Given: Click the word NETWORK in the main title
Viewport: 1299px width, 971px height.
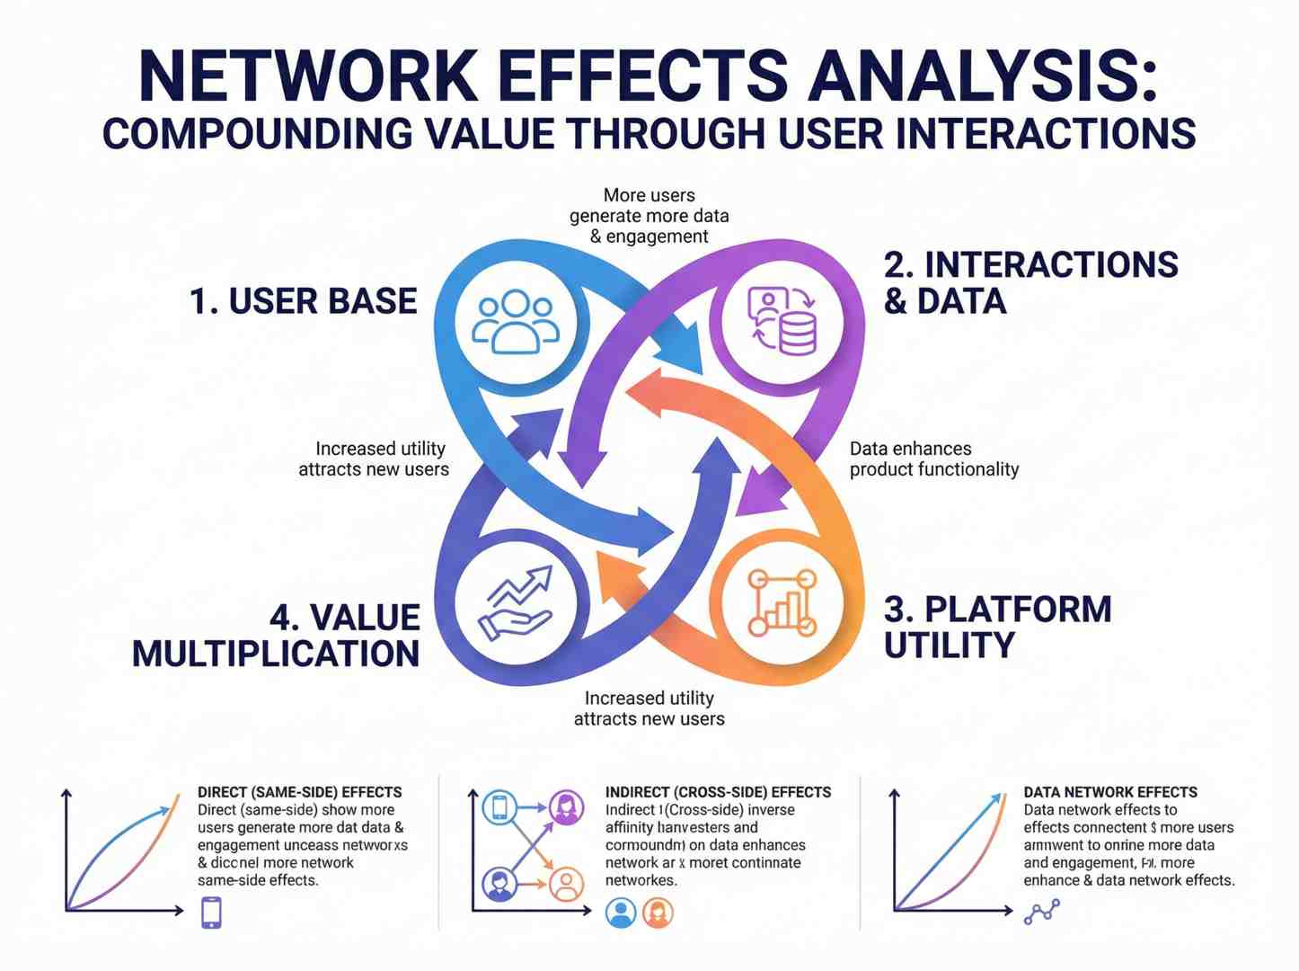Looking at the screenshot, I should pos(309,76).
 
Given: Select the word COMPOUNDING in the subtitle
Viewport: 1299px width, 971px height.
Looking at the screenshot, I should pos(257,134).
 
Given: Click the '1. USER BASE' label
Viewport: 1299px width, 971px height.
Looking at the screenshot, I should pos(304,301).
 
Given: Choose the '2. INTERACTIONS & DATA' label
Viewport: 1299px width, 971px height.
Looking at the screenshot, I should pos(1029,282).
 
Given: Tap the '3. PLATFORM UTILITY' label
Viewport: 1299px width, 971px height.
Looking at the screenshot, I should pos(997,627).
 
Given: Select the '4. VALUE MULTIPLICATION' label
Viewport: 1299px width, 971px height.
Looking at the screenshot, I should pos(277,636).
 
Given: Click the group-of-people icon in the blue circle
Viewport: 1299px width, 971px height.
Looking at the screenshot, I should pos(515,321).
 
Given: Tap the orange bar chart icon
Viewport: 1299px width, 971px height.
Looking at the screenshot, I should pos(782,602).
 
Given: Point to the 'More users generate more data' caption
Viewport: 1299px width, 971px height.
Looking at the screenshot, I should pos(649,216).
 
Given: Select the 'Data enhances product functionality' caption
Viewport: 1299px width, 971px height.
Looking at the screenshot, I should pos(933,459).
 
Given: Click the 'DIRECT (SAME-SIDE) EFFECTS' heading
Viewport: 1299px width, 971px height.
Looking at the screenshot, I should pos(299,792).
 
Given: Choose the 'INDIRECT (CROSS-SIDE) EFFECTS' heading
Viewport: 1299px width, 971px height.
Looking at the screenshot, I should pos(718,792).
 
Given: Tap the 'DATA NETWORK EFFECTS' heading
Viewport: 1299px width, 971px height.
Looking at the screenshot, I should pos(1110,792).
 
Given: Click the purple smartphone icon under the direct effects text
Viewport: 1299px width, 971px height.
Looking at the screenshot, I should pos(211,913).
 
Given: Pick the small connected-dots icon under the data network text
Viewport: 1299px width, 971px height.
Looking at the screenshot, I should pos(1041,913).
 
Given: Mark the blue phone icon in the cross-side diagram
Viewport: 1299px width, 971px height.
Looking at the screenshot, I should pos(499,806).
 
